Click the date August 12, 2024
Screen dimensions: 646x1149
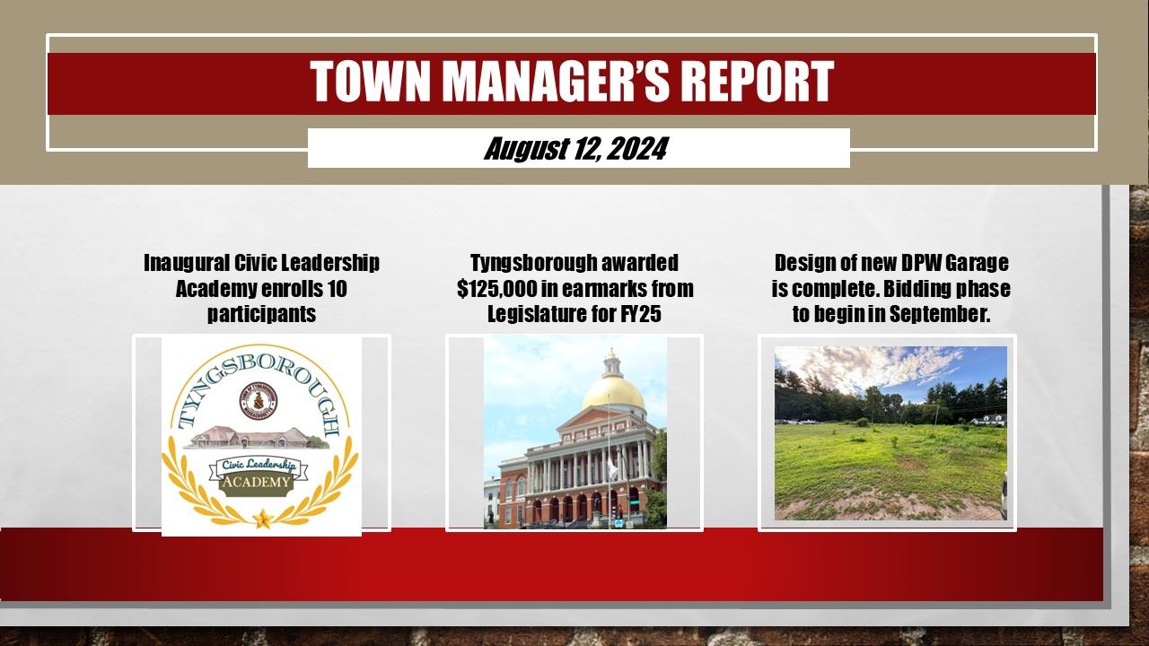tap(575, 148)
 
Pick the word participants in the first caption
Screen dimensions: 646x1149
tap(261, 314)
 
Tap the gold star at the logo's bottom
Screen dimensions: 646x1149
tap(262, 518)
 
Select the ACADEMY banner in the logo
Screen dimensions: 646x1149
tap(258, 482)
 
